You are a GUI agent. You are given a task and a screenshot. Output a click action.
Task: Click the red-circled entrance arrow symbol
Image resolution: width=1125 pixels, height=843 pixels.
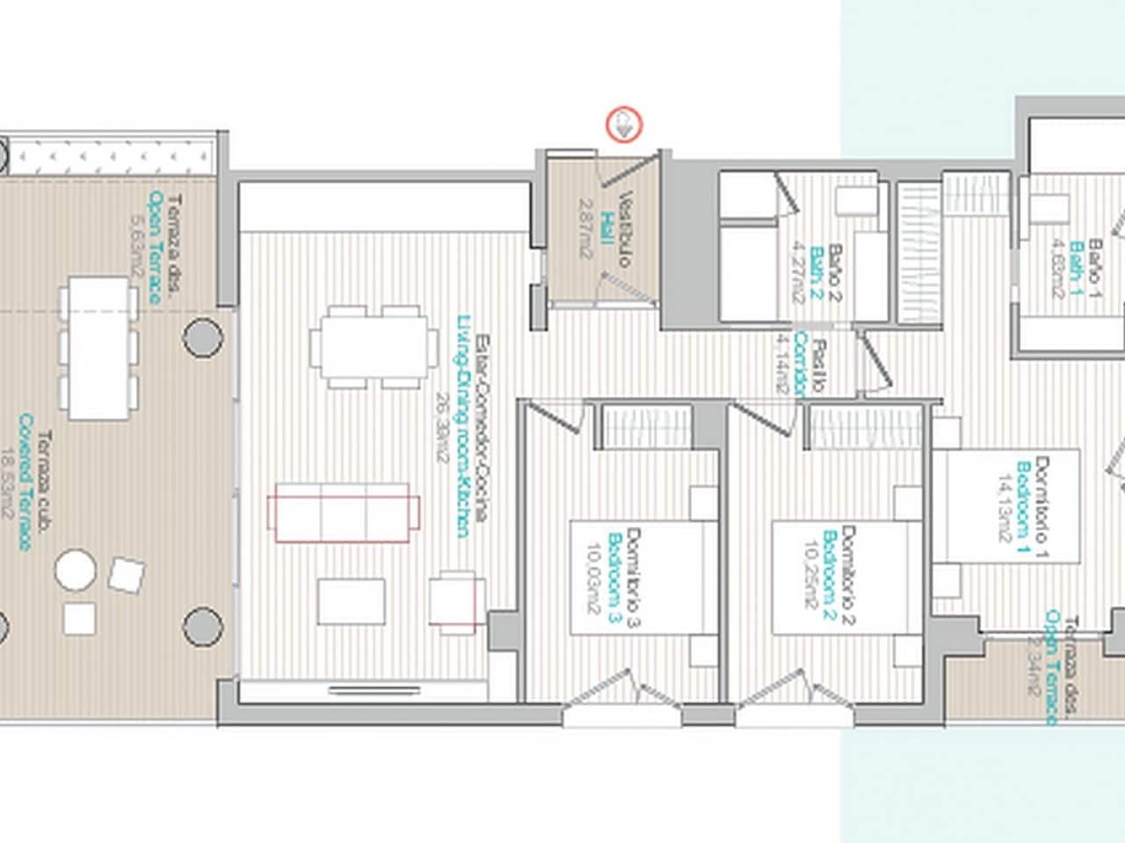pyautogui.click(x=624, y=125)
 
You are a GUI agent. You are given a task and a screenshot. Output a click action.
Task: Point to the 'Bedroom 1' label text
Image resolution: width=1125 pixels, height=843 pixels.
pyautogui.click(x=1023, y=506)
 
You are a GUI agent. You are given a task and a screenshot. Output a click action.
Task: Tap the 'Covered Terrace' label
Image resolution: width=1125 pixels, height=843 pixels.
pyautogui.click(x=25, y=482)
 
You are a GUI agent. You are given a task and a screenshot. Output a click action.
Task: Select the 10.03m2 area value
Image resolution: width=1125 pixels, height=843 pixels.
pyautogui.click(x=595, y=580)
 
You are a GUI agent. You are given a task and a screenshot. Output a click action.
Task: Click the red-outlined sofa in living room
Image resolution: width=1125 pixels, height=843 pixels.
pyautogui.click(x=344, y=513)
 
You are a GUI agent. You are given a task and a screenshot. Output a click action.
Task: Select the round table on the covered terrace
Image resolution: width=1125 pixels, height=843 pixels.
pyautogui.click(x=75, y=570)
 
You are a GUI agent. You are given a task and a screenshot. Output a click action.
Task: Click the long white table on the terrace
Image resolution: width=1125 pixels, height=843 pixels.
pyautogui.click(x=98, y=349)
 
